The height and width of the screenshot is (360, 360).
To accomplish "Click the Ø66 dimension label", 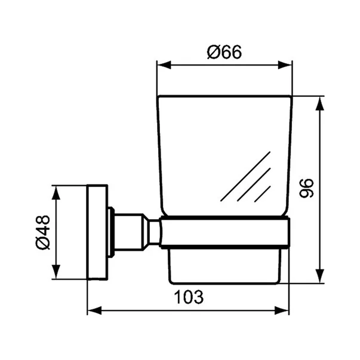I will click(x=224, y=52).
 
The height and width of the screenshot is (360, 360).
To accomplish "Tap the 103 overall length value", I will click(x=189, y=297).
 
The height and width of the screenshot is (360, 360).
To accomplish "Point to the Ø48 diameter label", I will click(x=41, y=232).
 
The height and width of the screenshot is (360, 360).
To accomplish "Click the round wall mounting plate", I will click(x=97, y=232).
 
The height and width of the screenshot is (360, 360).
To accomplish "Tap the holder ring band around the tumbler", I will click(x=226, y=232).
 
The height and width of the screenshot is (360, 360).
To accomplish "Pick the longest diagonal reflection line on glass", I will click(x=245, y=176).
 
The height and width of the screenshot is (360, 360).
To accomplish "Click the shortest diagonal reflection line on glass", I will click(x=263, y=193).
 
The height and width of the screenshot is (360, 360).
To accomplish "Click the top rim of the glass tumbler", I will click(x=224, y=96).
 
